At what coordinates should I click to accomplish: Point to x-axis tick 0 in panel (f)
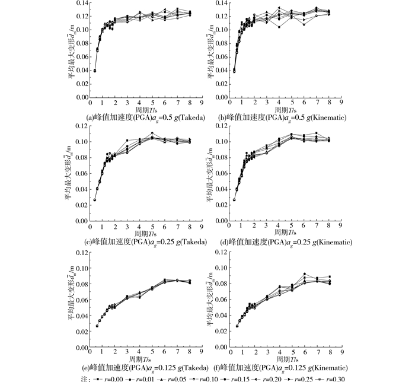(228, 353)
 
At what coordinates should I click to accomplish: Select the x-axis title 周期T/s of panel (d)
(284, 235)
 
